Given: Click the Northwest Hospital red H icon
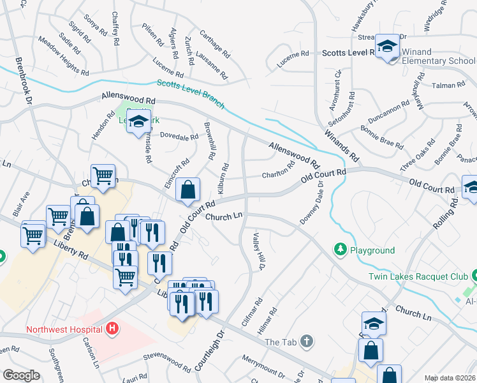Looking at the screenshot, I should click(x=112, y=329).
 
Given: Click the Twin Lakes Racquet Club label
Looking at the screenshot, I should click(x=418, y=276).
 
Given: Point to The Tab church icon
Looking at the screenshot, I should click(x=307, y=342).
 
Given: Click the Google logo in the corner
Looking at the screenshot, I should click(x=21, y=375).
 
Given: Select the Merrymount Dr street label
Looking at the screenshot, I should click(x=262, y=366).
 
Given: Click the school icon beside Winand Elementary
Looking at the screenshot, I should click(x=386, y=47).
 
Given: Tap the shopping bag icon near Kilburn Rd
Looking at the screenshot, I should click(x=187, y=190).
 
